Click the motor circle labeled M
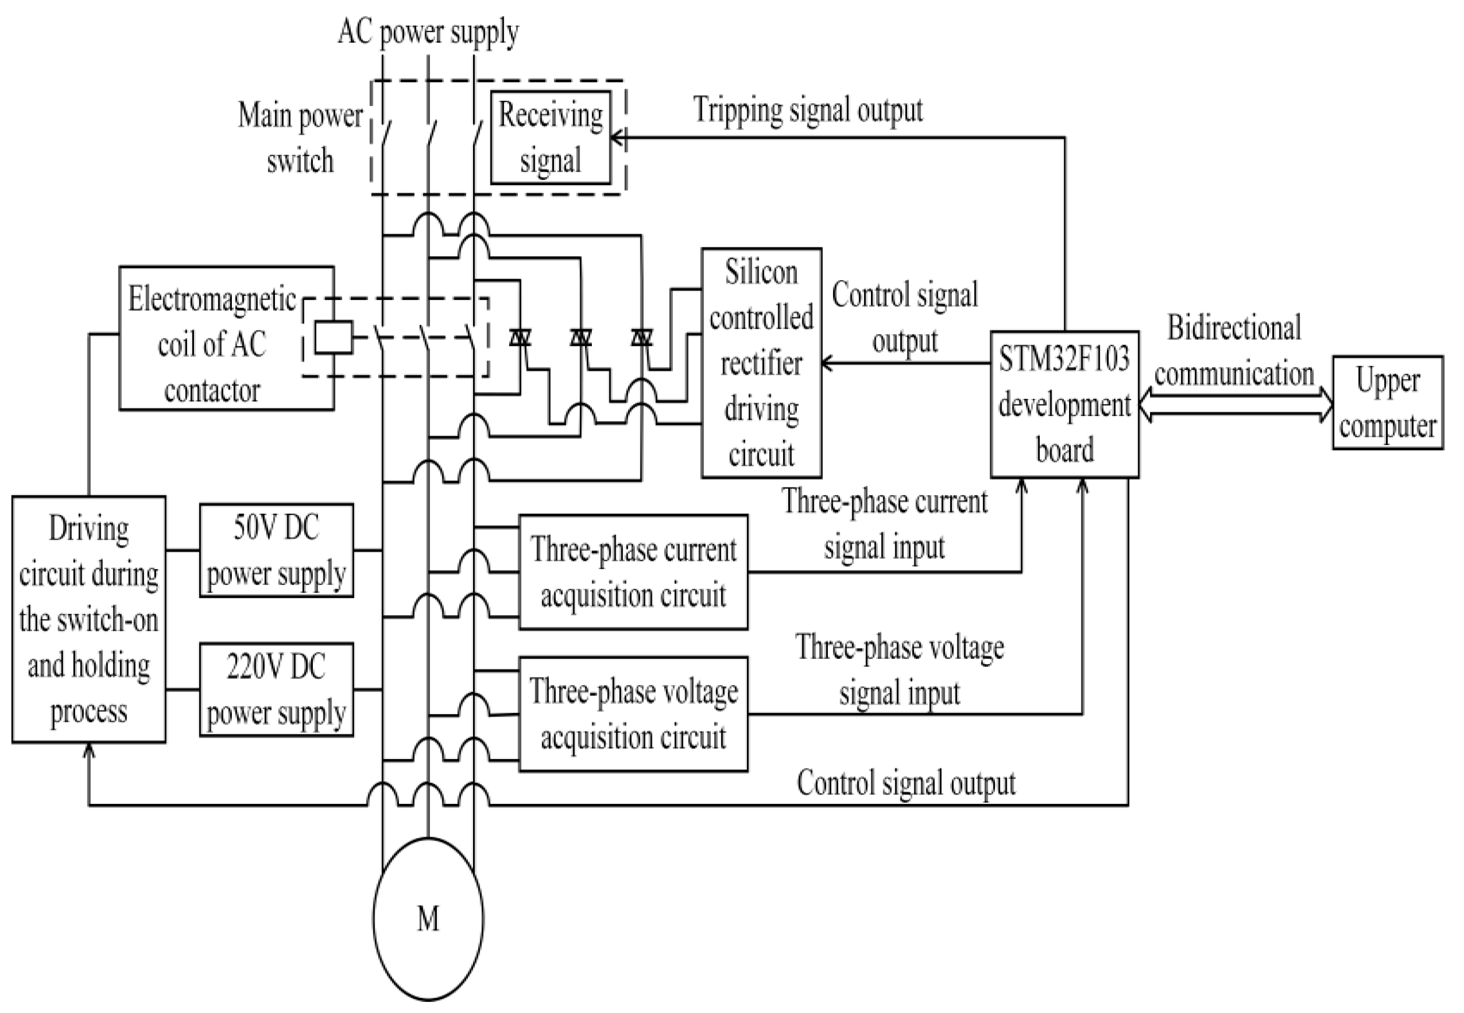(x=428, y=919)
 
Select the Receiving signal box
(x=550, y=137)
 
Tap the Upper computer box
(x=1387, y=403)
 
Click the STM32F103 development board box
(x=1064, y=404)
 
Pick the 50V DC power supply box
(x=276, y=550)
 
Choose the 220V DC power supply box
(x=276, y=689)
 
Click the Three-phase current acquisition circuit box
(x=633, y=572)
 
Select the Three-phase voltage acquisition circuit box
(x=633, y=714)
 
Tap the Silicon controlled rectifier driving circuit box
(x=761, y=363)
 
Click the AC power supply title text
(x=428, y=31)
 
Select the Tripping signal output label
(x=807, y=110)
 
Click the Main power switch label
(x=299, y=137)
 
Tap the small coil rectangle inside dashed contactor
(x=334, y=337)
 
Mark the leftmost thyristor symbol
(x=520, y=337)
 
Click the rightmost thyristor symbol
(x=641, y=337)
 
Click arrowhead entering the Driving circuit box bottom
(x=89, y=751)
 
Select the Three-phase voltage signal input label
(x=899, y=670)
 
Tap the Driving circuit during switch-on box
(x=89, y=619)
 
